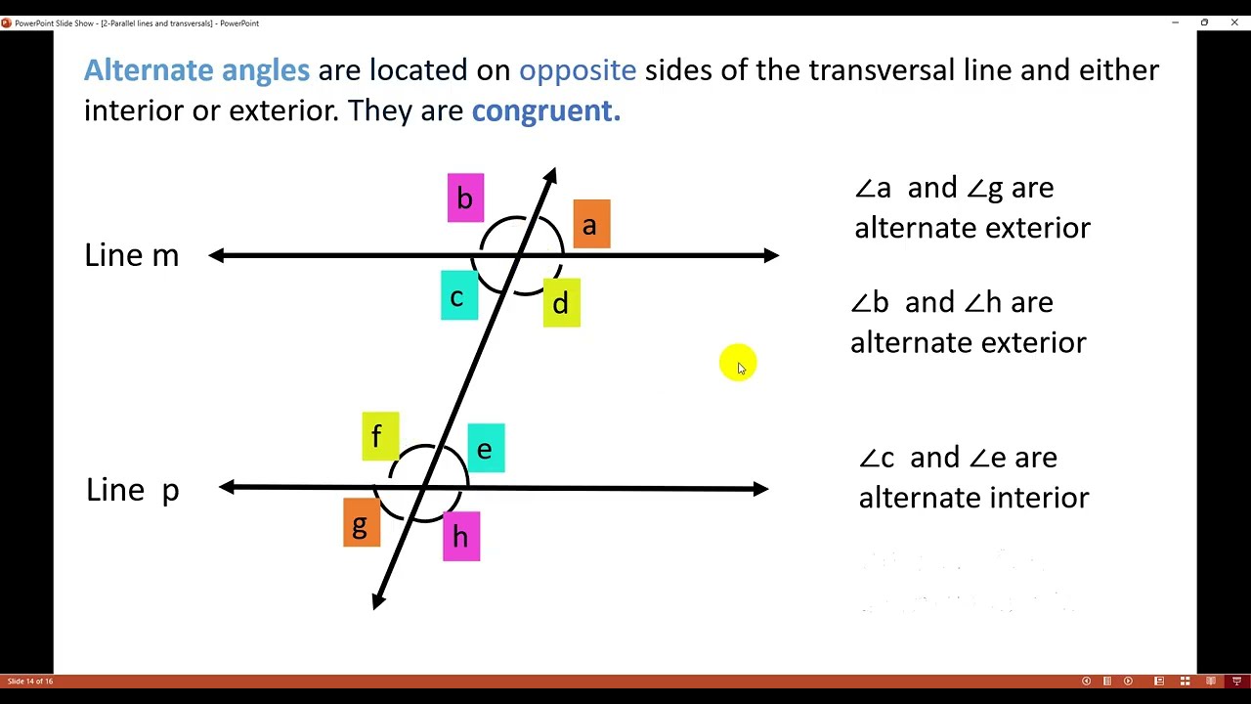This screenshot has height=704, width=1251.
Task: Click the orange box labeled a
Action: click(x=591, y=224)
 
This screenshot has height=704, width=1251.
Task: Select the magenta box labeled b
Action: click(x=465, y=198)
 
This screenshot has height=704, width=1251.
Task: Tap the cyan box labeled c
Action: click(x=459, y=296)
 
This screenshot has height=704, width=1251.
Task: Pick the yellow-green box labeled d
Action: click(x=561, y=303)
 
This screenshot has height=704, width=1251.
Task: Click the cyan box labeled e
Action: click(x=486, y=449)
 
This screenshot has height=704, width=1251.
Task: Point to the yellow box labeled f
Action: click(x=380, y=436)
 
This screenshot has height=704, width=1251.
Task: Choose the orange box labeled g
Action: click(x=362, y=523)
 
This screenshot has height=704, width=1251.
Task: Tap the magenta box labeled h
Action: click(x=461, y=537)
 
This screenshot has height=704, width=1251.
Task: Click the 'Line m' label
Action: click(x=132, y=256)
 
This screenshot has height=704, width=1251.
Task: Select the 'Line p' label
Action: click(x=133, y=490)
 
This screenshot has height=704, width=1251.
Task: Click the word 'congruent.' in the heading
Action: click(x=545, y=110)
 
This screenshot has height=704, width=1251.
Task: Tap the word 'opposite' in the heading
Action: click(x=577, y=70)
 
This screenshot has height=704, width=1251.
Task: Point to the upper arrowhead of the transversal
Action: click(x=550, y=176)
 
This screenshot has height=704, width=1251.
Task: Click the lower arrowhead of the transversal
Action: click(x=378, y=601)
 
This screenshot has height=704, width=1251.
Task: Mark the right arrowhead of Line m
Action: click(x=771, y=256)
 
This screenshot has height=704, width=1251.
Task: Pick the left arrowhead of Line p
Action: click(x=228, y=487)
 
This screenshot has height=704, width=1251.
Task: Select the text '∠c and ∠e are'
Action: click(x=958, y=458)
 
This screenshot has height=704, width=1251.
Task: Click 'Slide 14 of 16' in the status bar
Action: click(x=30, y=681)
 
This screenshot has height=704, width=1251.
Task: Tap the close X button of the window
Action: click(x=1234, y=22)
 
